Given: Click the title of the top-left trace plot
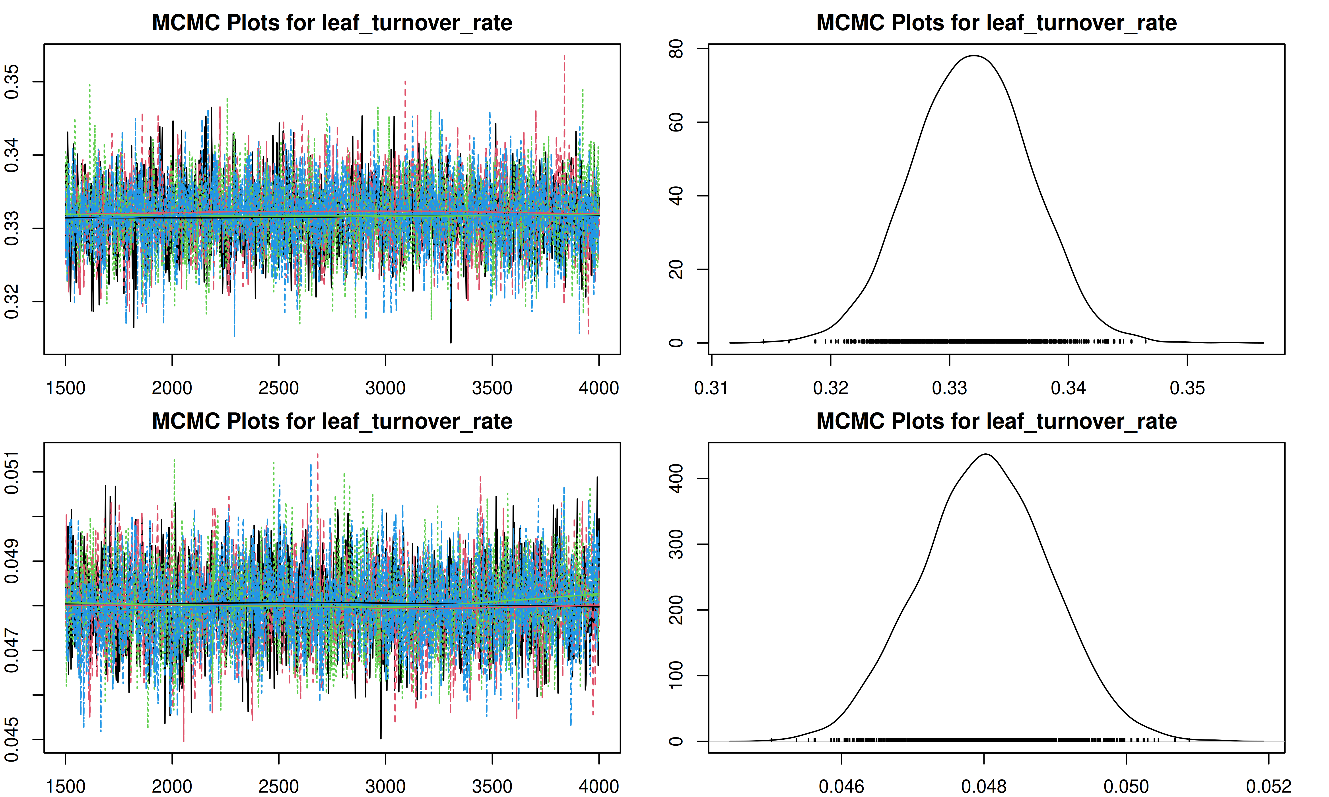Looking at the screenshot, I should click(x=332, y=23).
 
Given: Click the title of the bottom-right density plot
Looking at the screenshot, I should click(x=997, y=422).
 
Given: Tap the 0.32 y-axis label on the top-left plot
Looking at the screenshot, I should click(x=12, y=302).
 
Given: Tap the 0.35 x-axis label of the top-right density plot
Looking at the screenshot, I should click(x=1187, y=388).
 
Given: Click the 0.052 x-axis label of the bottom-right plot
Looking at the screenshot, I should click(x=1268, y=786).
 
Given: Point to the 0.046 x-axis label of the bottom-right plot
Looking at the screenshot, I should click(x=841, y=786).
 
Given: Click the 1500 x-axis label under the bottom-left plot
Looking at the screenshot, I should click(x=66, y=786).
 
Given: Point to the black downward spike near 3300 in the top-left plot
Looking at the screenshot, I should click(x=451, y=338).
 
